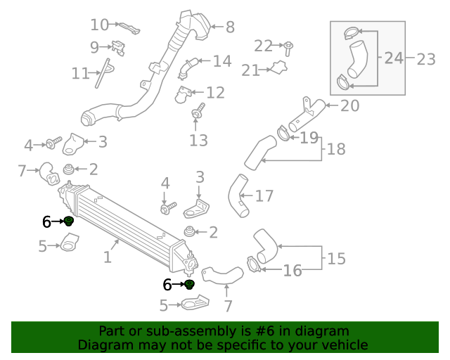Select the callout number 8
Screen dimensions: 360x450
[x=229, y=27]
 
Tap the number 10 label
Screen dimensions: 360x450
[x=99, y=25]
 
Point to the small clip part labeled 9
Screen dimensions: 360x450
[x=117, y=48]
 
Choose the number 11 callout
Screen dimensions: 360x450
[x=80, y=72]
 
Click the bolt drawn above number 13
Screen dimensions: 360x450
[x=198, y=111]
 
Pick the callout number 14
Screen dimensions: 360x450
[x=221, y=61]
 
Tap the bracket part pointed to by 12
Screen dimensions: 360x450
[x=184, y=93]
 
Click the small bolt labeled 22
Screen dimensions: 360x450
[x=288, y=48]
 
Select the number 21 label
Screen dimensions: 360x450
[x=250, y=70]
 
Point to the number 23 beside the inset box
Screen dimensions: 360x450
[x=426, y=59]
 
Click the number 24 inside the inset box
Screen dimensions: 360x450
[x=393, y=58]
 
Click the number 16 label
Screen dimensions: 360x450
[x=292, y=269]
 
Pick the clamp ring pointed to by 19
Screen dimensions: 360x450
[x=282, y=132]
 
